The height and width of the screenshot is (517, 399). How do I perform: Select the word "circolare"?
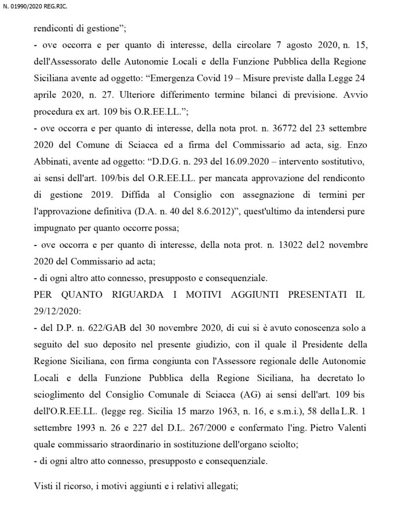pos(231,46)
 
